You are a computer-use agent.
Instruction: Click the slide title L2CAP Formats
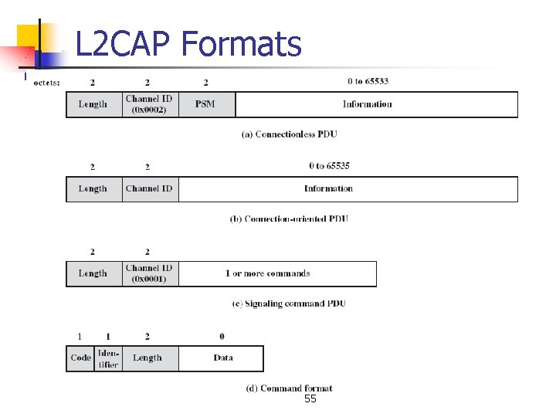tap(188, 44)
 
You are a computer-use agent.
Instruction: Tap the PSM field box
tap(205, 104)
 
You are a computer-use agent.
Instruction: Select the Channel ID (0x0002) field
tap(150, 104)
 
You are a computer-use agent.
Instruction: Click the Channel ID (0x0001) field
tap(150, 273)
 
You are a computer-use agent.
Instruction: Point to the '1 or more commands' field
tap(268, 273)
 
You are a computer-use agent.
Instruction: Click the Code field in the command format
tap(80, 358)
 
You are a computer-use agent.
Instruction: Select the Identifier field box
tap(108, 358)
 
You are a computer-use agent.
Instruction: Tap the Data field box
tap(222, 358)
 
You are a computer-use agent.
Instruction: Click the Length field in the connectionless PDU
tap(93, 104)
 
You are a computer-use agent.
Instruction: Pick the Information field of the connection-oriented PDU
tap(328, 188)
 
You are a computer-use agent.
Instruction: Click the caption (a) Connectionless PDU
tap(290, 134)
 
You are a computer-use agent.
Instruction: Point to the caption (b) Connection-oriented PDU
tap(290, 219)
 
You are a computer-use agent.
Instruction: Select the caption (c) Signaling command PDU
tap(289, 303)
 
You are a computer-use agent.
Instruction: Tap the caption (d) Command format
tap(289, 388)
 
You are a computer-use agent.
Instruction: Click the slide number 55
tap(310, 399)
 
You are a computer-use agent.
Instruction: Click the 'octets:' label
tap(47, 82)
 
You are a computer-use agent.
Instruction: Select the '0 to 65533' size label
tap(368, 81)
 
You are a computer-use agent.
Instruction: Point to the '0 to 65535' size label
tap(329, 166)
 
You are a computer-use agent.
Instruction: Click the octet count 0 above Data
tap(222, 337)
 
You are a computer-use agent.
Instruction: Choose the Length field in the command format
tap(147, 358)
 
